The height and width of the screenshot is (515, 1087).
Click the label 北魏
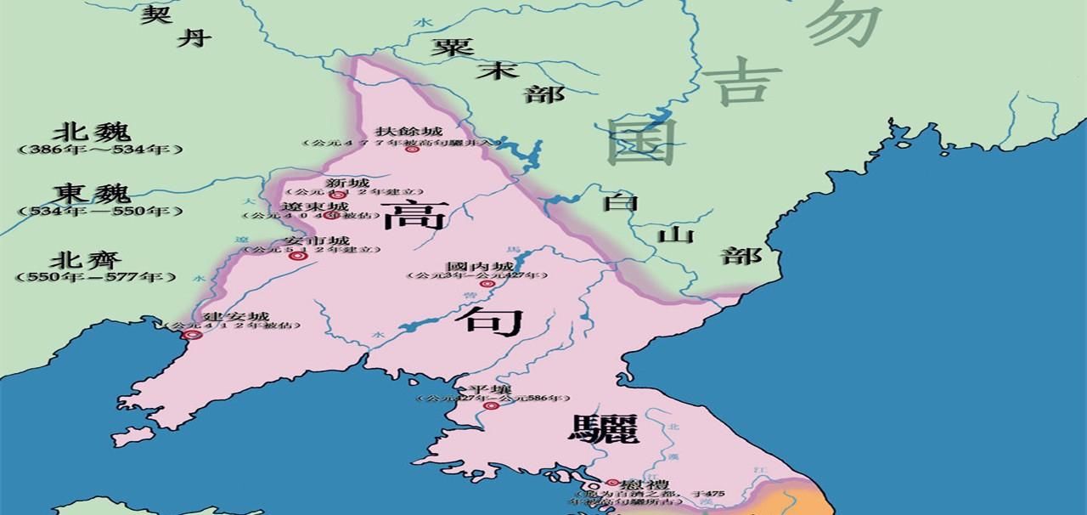92,133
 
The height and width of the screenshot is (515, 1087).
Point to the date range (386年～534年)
99,150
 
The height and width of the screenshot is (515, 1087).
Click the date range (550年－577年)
96,277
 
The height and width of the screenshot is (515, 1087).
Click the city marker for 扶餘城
412,150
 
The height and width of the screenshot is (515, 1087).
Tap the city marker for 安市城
295,256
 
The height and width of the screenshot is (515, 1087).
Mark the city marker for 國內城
486,284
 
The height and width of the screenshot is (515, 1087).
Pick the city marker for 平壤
490,406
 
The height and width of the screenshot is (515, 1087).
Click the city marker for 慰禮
611,483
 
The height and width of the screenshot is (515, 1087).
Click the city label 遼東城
314,207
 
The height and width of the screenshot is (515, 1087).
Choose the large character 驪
603,428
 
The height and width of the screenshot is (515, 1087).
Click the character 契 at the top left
155,14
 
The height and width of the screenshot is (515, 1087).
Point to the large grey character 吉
741,82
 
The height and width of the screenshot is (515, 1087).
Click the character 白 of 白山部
620,202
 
